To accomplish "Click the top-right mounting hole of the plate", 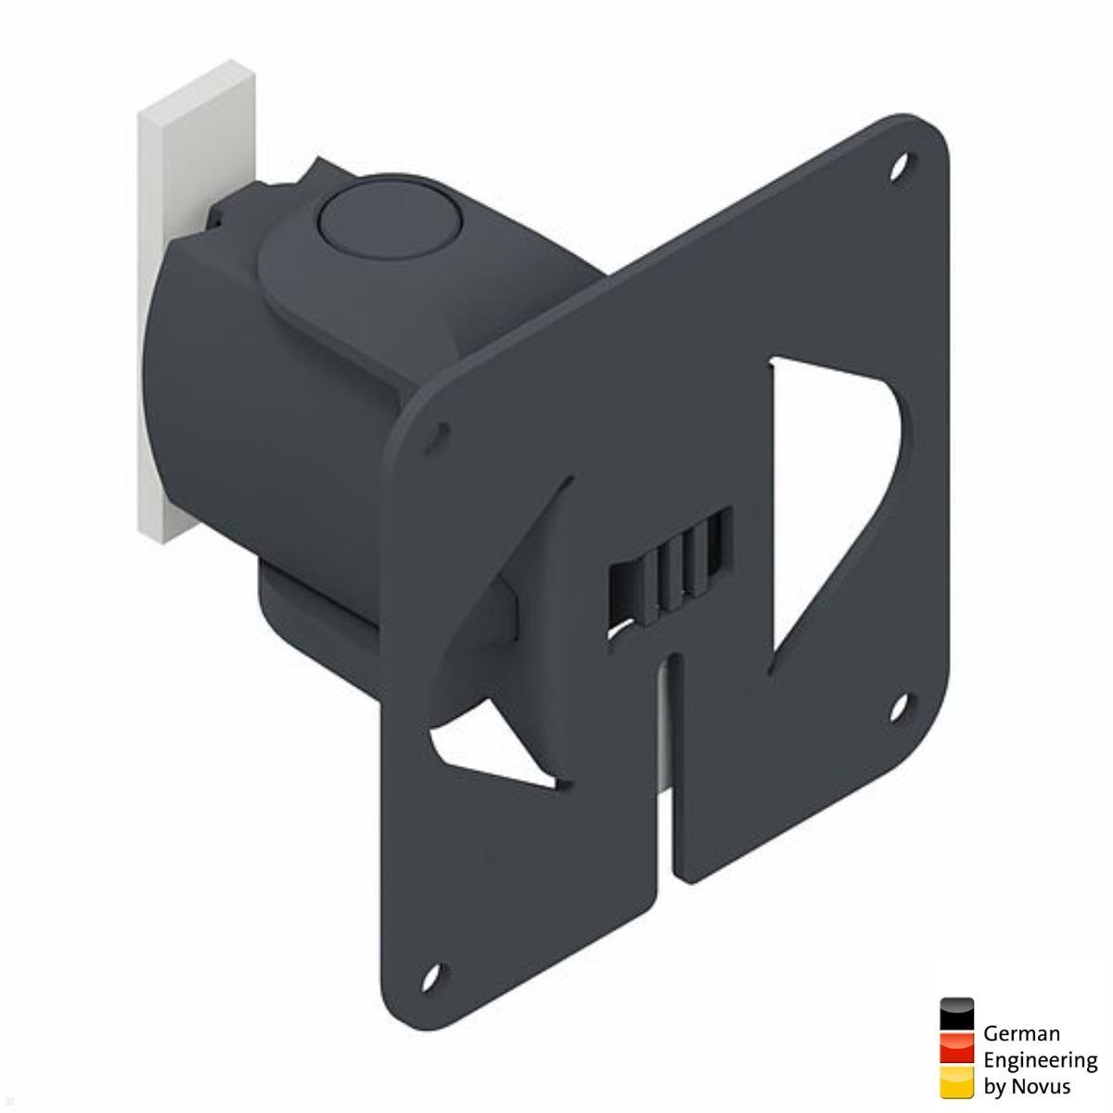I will (x=898, y=169).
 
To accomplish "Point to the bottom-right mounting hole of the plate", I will (x=898, y=706).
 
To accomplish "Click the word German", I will (x=1020, y=1033).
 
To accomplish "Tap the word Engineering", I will (x=1040, y=1059).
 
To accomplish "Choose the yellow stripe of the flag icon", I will (x=956, y=1080).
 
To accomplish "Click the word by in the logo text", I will (x=996, y=1086).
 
